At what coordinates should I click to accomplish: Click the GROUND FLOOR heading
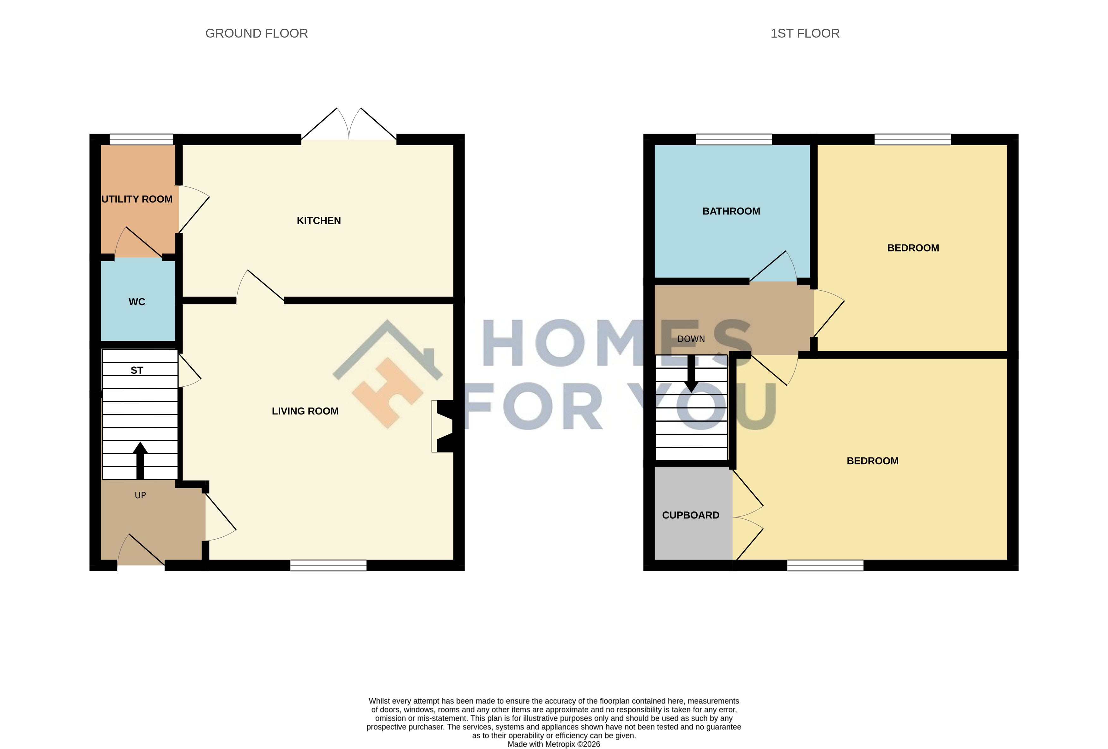point(257,33)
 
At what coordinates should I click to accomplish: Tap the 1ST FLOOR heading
point(805,33)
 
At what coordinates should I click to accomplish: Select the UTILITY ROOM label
point(137,199)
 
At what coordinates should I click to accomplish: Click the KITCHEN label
point(318,221)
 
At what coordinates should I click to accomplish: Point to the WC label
point(137,302)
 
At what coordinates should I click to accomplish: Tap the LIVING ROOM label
point(305,411)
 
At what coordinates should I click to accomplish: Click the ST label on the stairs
point(137,371)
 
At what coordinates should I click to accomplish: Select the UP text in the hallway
point(140,495)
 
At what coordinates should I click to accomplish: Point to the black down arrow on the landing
point(691,374)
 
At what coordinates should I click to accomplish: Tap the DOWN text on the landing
point(691,339)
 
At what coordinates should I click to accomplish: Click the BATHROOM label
point(731,211)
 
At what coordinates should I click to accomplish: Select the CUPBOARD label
point(690,515)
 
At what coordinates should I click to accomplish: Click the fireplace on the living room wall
point(442,426)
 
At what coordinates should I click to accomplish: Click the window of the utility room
point(142,139)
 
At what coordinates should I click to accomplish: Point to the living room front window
point(329,565)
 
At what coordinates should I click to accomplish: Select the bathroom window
point(734,139)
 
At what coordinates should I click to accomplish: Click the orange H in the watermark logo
point(387,393)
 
